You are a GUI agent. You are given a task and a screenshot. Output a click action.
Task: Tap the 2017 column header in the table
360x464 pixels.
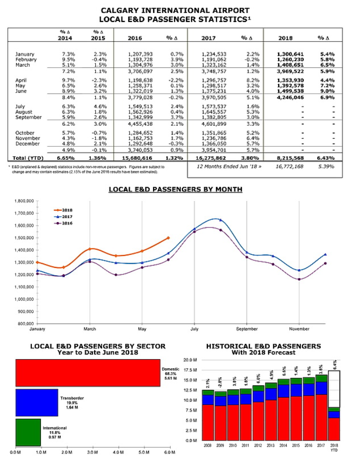(208, 37)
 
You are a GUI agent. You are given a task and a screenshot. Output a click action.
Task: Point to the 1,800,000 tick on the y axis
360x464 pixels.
(22, 201)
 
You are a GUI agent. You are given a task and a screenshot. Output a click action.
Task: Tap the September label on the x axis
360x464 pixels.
(247, 329)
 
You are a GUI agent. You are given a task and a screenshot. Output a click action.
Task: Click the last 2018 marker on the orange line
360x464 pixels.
(169, 238)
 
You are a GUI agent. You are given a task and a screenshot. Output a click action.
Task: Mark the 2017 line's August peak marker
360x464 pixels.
(221, 220)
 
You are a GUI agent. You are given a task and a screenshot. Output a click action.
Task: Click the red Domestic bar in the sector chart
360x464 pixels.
(87, 373)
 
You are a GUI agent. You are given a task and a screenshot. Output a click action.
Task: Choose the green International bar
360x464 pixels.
(28, 432)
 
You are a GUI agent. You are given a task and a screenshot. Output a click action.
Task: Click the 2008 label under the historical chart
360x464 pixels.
(206, 445)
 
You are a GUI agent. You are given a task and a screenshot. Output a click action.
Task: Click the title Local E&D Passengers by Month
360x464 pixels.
(176, 190)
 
